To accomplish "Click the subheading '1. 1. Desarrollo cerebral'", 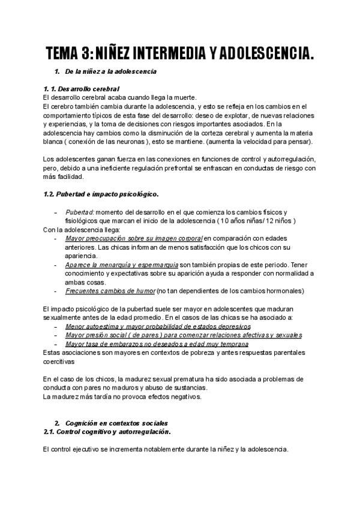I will (x=77, y=89).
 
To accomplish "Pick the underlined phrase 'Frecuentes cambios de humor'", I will (x=110, y=291).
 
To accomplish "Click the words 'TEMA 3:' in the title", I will (x=70, y=55).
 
